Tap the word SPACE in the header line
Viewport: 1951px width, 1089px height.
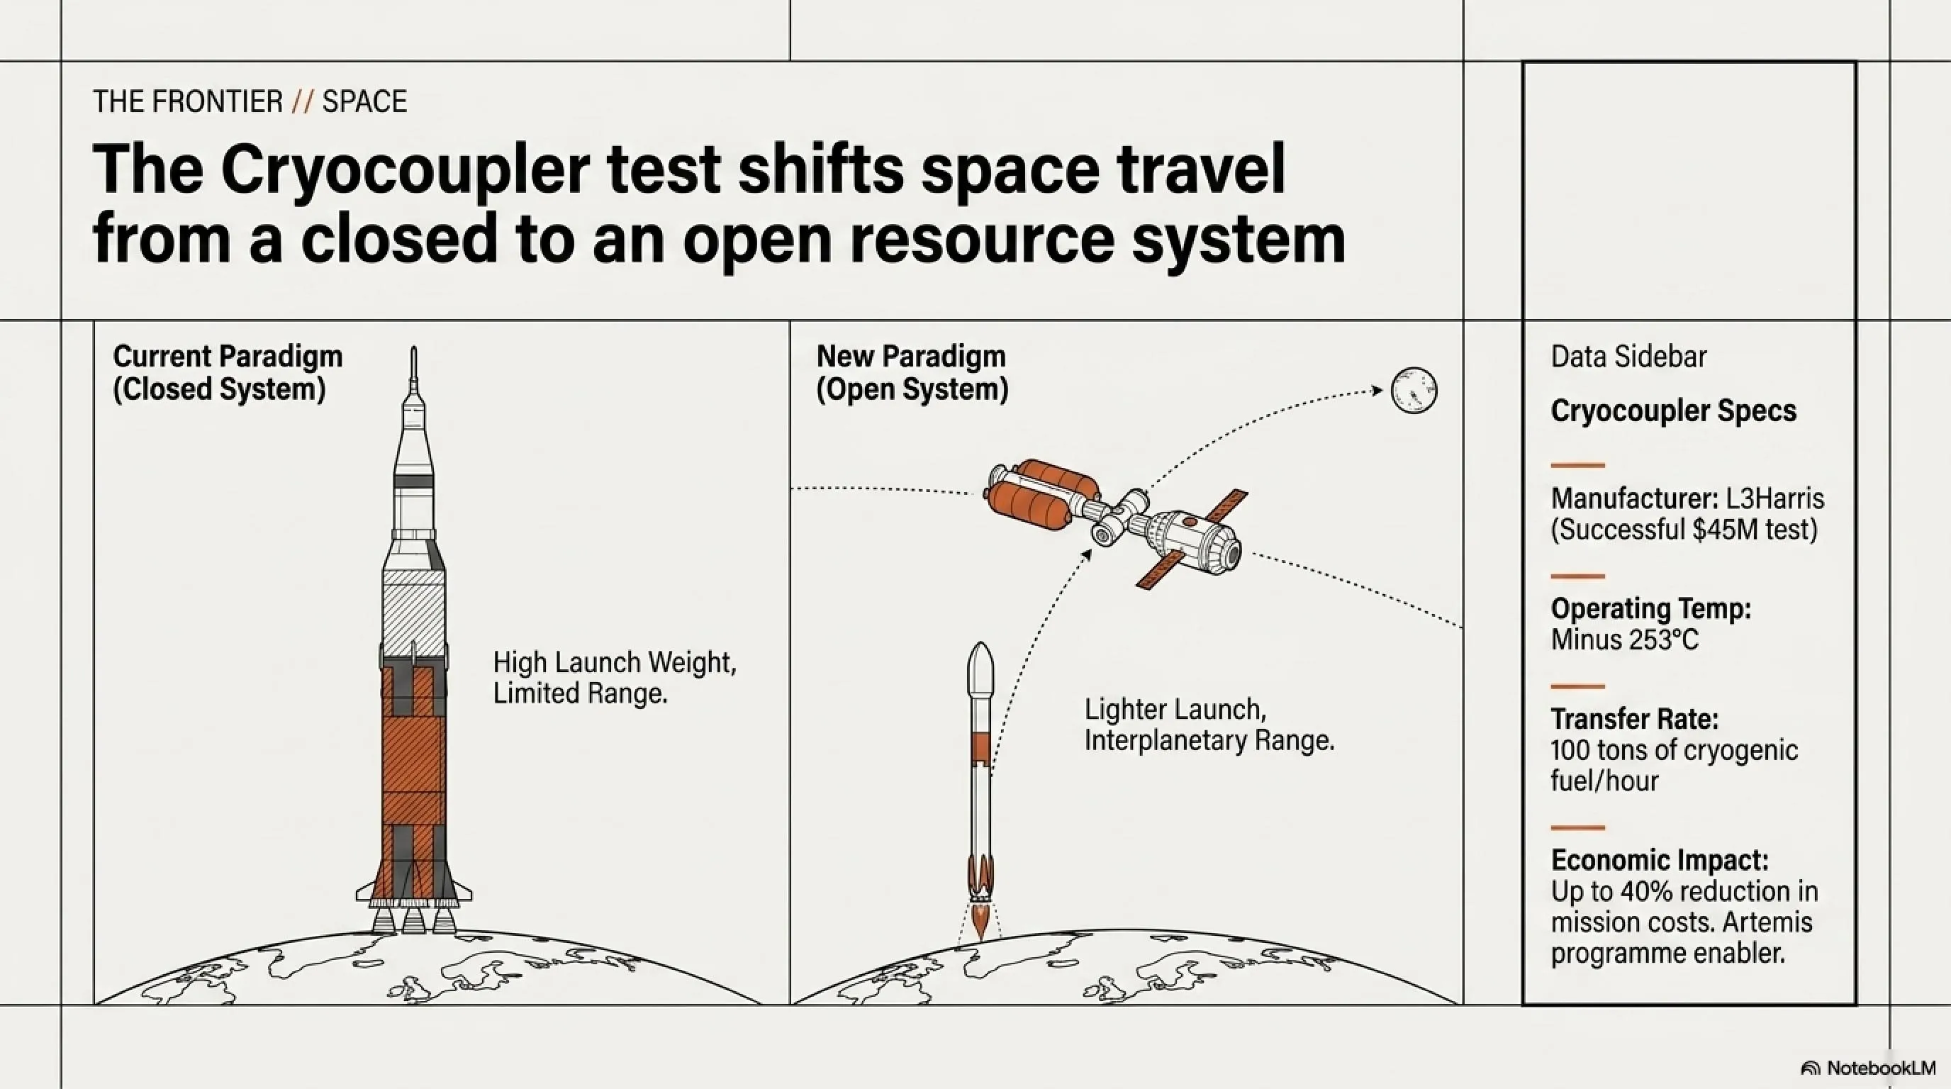point(364,101)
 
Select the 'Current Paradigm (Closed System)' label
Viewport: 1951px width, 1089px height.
point(227,373)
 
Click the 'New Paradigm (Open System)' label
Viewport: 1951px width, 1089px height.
point(912,373)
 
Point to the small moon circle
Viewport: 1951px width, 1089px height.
point(1414,390)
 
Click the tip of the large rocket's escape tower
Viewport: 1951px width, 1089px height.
point(413,347)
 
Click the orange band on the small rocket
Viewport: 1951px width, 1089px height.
point(980,747)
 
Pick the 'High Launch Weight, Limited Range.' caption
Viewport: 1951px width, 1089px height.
point(614,678)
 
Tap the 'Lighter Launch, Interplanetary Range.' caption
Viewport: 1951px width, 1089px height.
point(1209,725)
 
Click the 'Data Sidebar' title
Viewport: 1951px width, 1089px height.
point(1628,357)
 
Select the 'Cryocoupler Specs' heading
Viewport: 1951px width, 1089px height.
point(1673,411)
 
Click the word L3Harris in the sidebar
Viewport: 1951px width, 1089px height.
point(1774,498)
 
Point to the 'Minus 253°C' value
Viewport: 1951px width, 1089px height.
point(1625,640)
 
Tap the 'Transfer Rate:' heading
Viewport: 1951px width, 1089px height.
point(1634,718)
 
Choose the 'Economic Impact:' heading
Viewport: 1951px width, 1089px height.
point(1660,860)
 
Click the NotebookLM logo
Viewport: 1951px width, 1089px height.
point(1869,1068)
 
